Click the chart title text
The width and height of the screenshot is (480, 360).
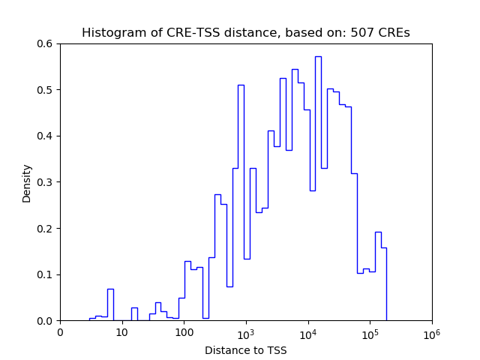click(x=245, y=33)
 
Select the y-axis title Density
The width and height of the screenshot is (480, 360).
click(x=27, y=182)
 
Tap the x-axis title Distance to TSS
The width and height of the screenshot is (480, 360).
click(x=245, y=350)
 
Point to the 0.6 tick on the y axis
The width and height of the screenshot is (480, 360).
click(x=46, y=43)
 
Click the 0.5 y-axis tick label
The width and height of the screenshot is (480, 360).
click(x=46, y=90)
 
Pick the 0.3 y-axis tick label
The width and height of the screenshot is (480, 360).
click(x=46, y=182)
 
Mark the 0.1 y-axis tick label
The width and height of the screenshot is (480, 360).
click(x=46, y=274)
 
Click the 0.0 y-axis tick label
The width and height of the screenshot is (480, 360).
click(x=46, y=321)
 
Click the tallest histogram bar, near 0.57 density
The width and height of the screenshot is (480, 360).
click(x=318, y=187)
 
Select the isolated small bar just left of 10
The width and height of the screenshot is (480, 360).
click(x=110, y=304)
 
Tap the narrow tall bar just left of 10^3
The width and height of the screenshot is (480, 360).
click(x=241, y=202)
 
